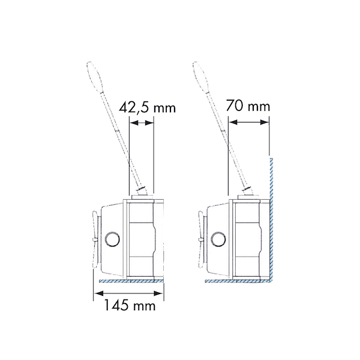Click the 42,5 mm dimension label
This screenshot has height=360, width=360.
[x=147, y=107]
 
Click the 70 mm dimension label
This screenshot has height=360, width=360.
[x=248, y=106]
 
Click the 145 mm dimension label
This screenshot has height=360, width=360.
[x=130, y=305]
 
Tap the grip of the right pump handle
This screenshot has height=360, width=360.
[x=200, y=76]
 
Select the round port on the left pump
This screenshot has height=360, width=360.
[x=112, y=239]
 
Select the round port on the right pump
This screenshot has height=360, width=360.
[x=218, y=239]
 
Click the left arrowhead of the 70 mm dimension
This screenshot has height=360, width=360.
[x=233, y=122]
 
